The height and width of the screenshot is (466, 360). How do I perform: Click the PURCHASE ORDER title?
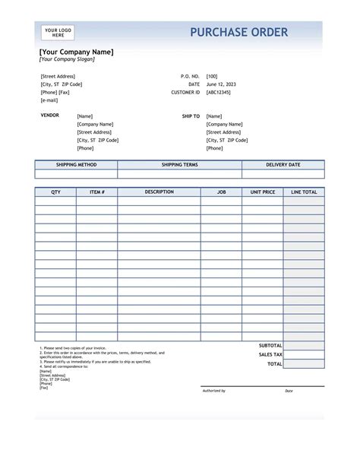pyautogui.click(x=238, y=32)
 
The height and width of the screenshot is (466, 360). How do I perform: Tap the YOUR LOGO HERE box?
pyautogui.click(x=58, y=33)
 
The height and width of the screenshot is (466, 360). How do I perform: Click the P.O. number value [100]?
pyautogui.click(x=212, y=76)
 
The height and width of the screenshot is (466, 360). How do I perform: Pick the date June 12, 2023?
pyautogui.click(x=222, y=84)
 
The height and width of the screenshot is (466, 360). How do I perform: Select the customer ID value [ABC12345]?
pyautogui.click(x=218, y=92)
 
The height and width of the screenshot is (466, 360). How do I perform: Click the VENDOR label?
pyautogui.click(x=49, y=116)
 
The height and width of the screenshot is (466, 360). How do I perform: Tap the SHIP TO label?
pyautogui.click(x=191, y=116)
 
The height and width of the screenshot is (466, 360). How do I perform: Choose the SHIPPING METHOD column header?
pyautogui.click(x=76, y=164)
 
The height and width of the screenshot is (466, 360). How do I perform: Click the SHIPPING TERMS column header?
pyautogui.click(x=180, y=164)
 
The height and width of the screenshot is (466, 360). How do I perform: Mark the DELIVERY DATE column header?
pyautogui.click(x=283, y=164)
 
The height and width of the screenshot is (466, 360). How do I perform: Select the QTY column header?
pyautogui.click(x=55, y=192)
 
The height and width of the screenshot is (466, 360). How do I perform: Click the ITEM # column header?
pyautogui.click(x=96, y=192)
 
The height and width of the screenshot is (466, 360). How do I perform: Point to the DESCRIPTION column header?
pyautogui.click(x=159, y=192)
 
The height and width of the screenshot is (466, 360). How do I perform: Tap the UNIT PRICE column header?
pyautogui.click(x=263, y=192)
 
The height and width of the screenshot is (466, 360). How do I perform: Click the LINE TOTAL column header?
pyautogui.click(x=304, y=192)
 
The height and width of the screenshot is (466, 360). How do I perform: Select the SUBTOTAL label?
pyautogui.click(x=270, y=345)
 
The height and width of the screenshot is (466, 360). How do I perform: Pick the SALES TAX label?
pyautogui.click(x=270, y=354)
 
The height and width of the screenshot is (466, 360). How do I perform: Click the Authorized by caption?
pyautogui.click(x=213, y=391)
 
